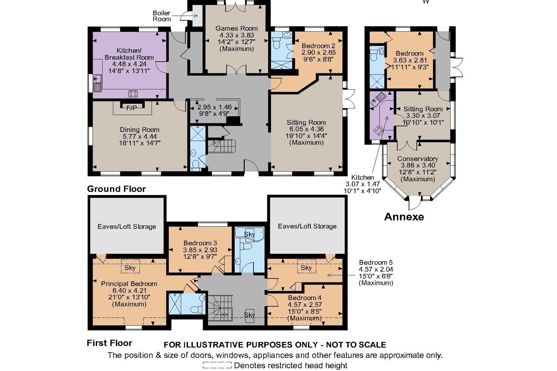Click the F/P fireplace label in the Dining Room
tap(132, 108)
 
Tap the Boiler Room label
tap(162, 16)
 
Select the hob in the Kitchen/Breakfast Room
tap(133, 94)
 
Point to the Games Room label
tap(237, 28)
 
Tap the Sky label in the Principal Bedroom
tap(130, 268)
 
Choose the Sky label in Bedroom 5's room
tap(306, 268)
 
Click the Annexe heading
tap(404, 217)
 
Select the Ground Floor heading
tap(116, 189)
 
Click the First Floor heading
tap(109, 343)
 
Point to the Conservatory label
tap(418, 159)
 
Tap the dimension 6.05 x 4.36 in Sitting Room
tap(306, 129)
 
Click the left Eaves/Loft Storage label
tap(127, 227)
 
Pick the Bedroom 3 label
tap(200, 243)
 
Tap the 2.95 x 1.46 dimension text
tap(215, 107)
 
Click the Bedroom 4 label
tap(305, 298)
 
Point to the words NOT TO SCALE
tap(356, 345)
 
